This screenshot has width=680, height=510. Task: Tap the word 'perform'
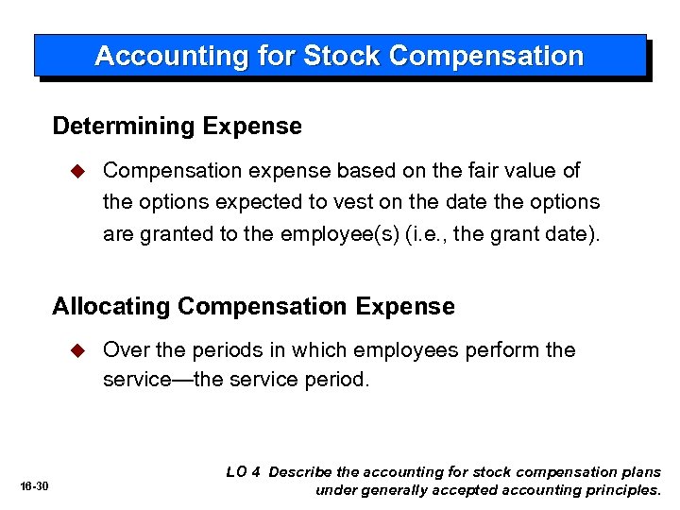[506, 350]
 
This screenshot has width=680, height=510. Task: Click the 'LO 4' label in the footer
[243, 471]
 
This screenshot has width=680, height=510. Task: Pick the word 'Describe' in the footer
[301, 471]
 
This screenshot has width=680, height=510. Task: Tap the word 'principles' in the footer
[620, 490]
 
